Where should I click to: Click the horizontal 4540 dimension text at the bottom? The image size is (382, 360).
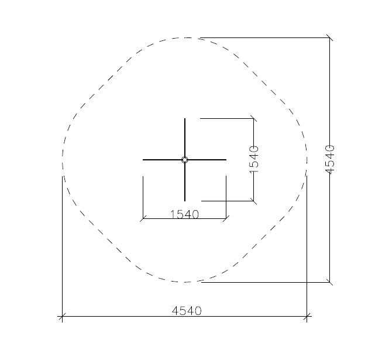tap(187, 311)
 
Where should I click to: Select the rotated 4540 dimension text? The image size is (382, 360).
tap(330, 159)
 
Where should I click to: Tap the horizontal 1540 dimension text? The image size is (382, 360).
tap(184, 214)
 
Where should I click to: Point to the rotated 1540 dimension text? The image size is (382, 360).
tap(254, 159)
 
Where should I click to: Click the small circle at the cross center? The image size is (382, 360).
tap(185, 160)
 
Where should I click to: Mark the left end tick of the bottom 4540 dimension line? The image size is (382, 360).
tap(63, 316)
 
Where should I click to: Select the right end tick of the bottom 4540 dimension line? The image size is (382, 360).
tap(307, 316)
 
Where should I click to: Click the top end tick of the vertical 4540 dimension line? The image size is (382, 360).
tap(329, 38)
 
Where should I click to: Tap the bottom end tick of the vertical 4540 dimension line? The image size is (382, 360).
tap(329, 282)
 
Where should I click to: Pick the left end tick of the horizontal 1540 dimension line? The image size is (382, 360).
tap(143, 218)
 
